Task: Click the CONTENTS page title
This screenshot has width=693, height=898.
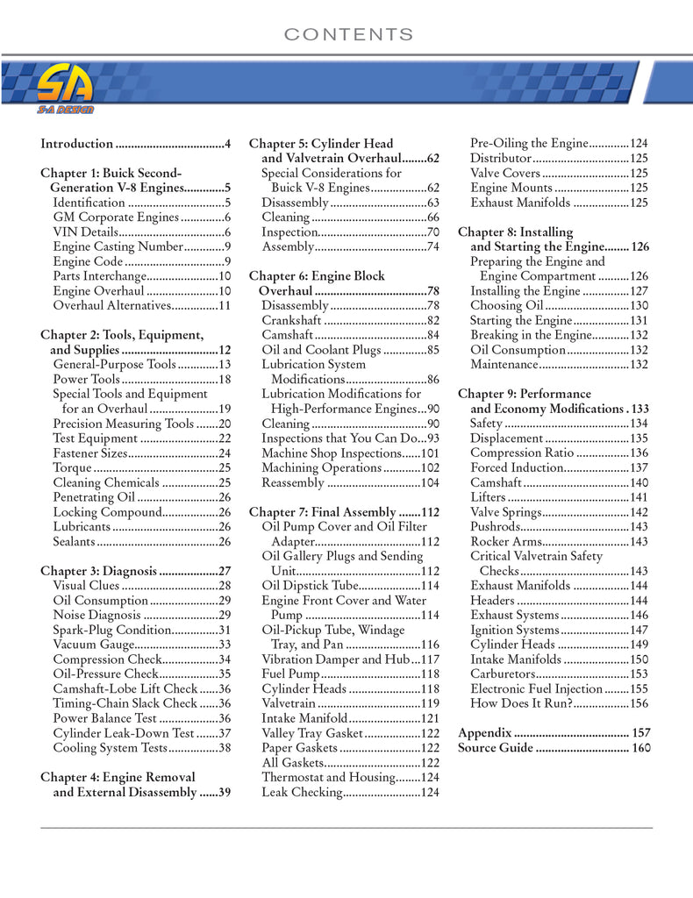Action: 348,35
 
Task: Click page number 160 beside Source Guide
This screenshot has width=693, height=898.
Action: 641,748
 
